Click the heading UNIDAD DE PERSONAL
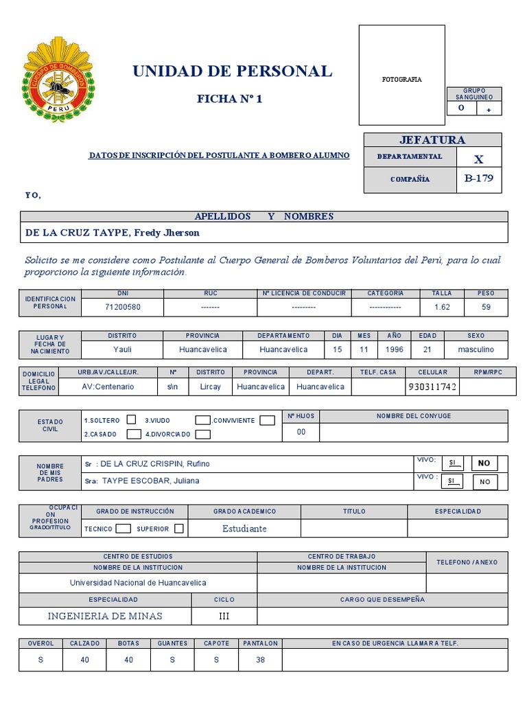coord(231,71)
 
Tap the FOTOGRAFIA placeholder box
coord(401,75)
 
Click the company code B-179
coord(478,179)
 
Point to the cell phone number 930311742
coord(432,387)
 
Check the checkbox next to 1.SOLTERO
coord(131,420)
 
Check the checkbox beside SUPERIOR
coord(179,529)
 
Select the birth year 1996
coord(394,349)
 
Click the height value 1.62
coord(442,307)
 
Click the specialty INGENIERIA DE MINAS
coord(105,616)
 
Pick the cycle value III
coord(224,616)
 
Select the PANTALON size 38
coord(260,659)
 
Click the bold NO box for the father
coord(484,463)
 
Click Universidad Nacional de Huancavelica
coord(138,583)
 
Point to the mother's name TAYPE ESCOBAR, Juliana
coord(150,481)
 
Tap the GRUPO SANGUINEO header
coord(474,94)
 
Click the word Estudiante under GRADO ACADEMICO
coord(244,529)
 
